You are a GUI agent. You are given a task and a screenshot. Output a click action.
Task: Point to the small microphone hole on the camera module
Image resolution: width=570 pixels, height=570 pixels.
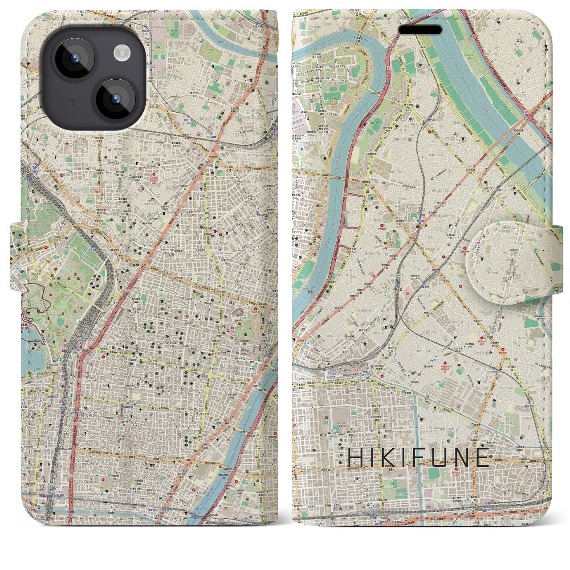(x=71, y=102)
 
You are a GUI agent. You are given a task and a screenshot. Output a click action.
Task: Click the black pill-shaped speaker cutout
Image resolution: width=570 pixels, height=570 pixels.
(x=420, y=30)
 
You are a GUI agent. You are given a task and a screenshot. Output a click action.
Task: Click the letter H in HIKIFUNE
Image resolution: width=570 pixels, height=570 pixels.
(x=355, y=458)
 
